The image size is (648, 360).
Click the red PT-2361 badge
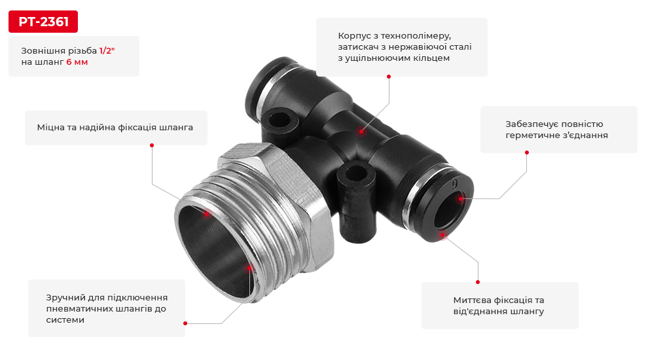(x=43, y=22)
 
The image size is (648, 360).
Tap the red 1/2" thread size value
(x=107, y=51)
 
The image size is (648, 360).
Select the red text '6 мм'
(x=77, y=62)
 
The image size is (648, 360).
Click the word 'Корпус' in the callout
(x=353, y=36)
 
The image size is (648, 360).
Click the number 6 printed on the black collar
(x=455, y=183)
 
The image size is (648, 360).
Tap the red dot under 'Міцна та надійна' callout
(x=152, y=145)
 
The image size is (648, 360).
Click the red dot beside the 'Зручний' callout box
(x=185, y=323)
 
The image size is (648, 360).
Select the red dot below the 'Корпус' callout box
(x=388, y=77)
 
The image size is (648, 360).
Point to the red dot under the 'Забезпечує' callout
(x=527, y=153)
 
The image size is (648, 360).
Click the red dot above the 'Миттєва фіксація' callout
(x=478, y=282)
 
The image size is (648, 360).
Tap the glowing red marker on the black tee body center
(x=361, y=132)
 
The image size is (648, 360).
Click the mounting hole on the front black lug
(x=355, y=173)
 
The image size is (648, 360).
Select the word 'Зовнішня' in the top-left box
(x=38, y=51)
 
